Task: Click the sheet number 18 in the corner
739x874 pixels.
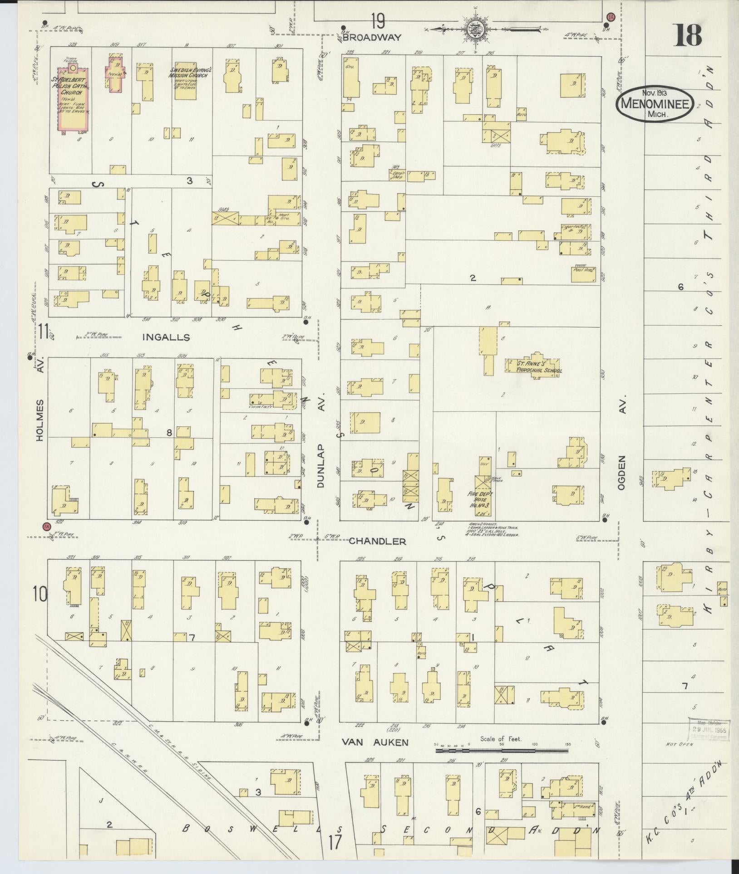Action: point(687,35)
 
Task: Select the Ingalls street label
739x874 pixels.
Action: point(165,337)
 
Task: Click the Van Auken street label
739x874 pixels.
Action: point(375,742)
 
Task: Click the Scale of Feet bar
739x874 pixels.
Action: point(502,751)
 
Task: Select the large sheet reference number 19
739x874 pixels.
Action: point(377,20)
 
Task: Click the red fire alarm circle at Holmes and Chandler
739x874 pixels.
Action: point(45,527)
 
